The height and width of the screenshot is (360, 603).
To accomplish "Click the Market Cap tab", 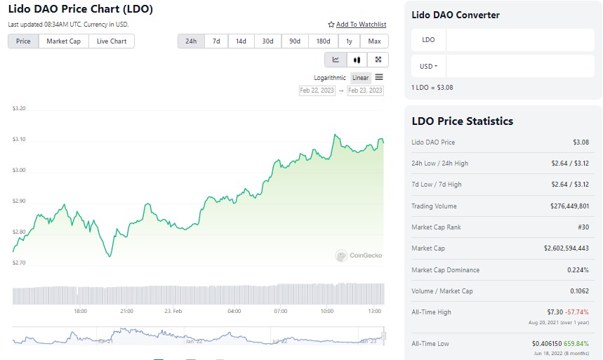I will (63, 41).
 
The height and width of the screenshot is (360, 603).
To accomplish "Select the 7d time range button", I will (216, 41).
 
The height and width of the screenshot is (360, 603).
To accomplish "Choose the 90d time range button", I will (294, 41).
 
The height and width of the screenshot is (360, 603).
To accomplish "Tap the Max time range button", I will (374, 41).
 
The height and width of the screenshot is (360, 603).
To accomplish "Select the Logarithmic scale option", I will (330, 78).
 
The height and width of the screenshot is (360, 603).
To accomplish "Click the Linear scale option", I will (360, 78).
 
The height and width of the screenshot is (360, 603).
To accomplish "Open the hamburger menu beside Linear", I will (379, 77).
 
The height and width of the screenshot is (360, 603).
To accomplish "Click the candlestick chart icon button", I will (357, 60).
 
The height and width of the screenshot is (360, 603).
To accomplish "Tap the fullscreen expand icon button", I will (378, 60).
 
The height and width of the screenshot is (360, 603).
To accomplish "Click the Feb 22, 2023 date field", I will (317, 91).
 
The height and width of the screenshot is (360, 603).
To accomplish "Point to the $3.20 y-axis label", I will (19, 109).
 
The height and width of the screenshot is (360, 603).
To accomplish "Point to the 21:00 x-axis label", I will (126, 311).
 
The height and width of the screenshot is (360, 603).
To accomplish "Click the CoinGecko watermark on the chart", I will (359, 256).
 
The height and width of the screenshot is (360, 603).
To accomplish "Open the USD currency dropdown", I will (428, 67).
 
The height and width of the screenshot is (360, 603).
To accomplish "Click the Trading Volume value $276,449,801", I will (565, 206).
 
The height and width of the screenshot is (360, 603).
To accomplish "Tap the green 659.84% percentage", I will (575, 344).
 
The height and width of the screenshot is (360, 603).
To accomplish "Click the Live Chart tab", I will (112, 41).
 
